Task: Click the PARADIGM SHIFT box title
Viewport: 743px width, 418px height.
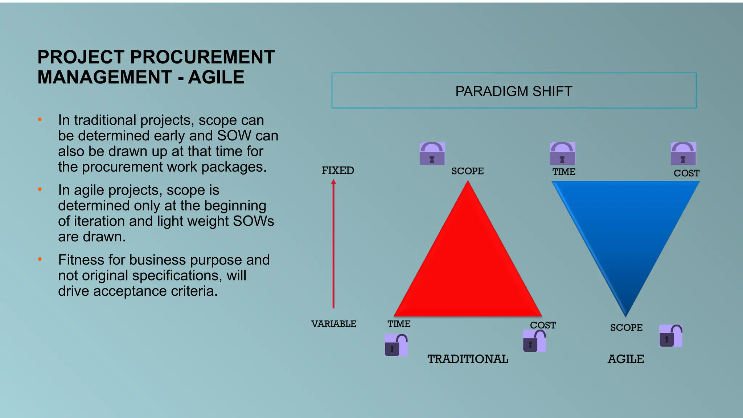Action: pos(514,91)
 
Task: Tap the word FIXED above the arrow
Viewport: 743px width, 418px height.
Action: pos(338,171)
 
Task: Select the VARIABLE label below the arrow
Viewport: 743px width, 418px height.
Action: pos(334,324)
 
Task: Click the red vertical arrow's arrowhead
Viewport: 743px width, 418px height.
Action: pos(333,182)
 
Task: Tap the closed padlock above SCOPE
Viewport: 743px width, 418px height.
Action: pos(432,154)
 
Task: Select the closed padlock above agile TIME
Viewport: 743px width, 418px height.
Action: pos(562,154)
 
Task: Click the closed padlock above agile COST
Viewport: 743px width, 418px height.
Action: pos(683,154)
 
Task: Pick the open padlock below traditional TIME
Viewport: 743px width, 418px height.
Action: pos(396,345)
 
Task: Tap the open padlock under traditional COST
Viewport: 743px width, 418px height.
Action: pos(534,341)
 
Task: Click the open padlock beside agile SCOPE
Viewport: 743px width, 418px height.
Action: pos(670,336)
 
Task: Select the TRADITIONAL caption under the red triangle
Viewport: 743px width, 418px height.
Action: pos(468,359)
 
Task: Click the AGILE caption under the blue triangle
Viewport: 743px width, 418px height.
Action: pos(626,359)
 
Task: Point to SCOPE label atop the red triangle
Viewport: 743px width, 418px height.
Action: pos(467,171)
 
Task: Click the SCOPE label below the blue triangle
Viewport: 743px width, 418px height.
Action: pos(626,327)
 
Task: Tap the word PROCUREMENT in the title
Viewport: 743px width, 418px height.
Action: pos(202,57)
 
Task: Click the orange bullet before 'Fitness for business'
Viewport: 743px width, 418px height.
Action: pos(40,259)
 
